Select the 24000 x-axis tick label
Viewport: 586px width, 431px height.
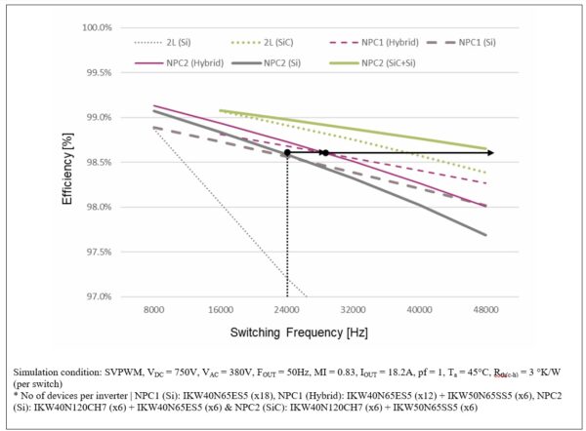pyautogui.click(x=286, y=309)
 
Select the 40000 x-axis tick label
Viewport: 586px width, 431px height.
pyautogui.click(x=420, y=309)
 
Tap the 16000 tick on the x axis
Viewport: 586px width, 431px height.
pyautogui.click(x=220, y=309)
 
